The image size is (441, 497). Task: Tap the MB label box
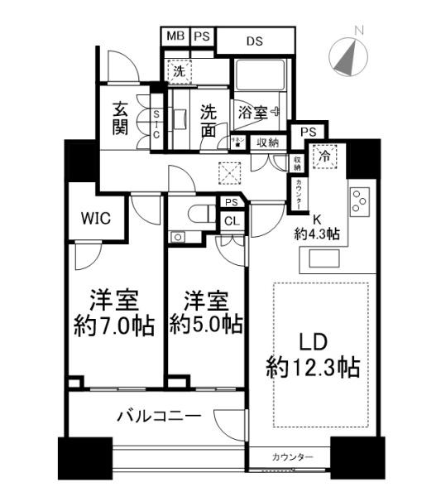coord(175,36)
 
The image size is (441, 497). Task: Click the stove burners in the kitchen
coord(361,201)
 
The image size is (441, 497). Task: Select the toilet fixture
coord(194,213)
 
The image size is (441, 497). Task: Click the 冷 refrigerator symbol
coord(326,154)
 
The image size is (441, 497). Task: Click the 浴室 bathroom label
coord(255,110)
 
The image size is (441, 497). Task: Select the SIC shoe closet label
coord(156,128)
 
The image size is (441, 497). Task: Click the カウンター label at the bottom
coord(291,457)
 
